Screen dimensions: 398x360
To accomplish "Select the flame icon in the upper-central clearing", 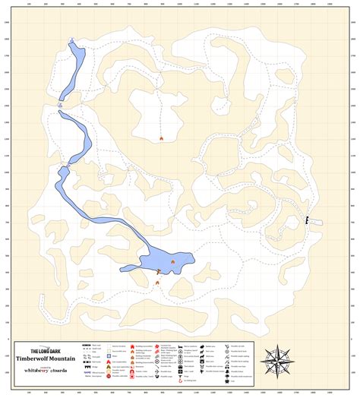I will click(x=161, y=138).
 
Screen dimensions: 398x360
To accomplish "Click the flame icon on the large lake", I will click(x=173, y=261).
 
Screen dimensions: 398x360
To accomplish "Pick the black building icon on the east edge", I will click(x=307, y=220).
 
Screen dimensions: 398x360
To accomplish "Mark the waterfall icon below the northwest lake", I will click(x=61, y=104).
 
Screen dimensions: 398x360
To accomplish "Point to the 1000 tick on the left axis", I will click(x=7, y=173).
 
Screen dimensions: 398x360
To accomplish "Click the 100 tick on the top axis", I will click(x=29, y=5).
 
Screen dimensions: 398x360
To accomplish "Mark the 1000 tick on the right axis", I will click(x=353, y=173).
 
